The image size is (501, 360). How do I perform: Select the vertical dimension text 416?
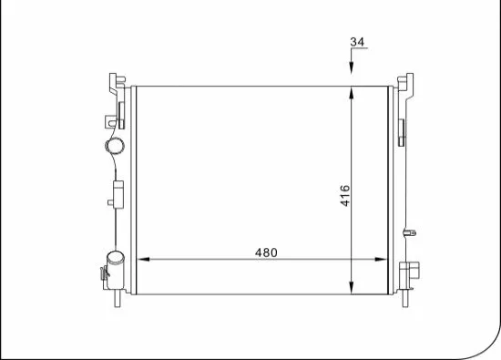tap(344, 195)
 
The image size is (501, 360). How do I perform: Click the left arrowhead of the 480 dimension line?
tap(141, 260)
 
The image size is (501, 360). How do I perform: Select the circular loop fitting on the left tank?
tap(115, 146)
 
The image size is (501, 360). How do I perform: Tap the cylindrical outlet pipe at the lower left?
tap(115, 267)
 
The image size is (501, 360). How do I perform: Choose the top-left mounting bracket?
tap(116, 86)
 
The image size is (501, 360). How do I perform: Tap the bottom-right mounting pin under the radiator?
tap(402, 298)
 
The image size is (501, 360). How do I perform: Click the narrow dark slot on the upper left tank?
tap(119, 115)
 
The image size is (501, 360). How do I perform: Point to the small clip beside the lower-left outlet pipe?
tap(101, 272)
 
